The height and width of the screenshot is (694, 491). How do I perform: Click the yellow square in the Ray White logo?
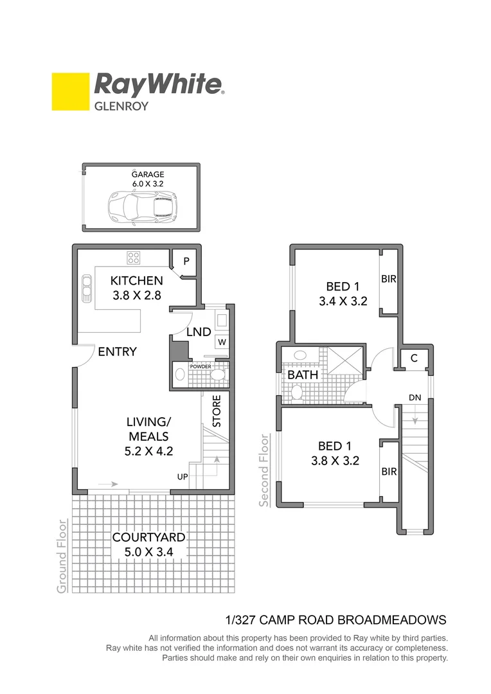tap(70, 91)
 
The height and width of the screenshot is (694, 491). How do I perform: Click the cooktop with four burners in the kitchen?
tap(134, 258)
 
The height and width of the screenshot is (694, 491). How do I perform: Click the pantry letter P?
tap(186, 261)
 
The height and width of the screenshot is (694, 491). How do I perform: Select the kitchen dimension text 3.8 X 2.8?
tap(136, 296)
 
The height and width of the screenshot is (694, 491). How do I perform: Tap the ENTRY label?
tap(117, 351)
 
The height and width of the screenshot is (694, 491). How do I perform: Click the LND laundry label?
tap(199, 332)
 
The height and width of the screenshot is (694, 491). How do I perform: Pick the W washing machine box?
tap(221, 342)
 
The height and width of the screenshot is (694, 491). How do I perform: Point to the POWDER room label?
tap(200, 366)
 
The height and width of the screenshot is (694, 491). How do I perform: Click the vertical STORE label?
tap(217, 411)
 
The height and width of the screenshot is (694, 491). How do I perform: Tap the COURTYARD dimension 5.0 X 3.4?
tap(149, 551)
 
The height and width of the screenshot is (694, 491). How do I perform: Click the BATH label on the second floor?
tap(303, 374)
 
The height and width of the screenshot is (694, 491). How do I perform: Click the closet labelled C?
tap(414, 358)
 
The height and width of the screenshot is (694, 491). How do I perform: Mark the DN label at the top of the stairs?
tap(415, 398)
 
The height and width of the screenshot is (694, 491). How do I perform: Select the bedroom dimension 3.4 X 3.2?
tap(343, 300)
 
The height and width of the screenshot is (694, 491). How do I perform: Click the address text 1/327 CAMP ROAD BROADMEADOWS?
tap(335, 620)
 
